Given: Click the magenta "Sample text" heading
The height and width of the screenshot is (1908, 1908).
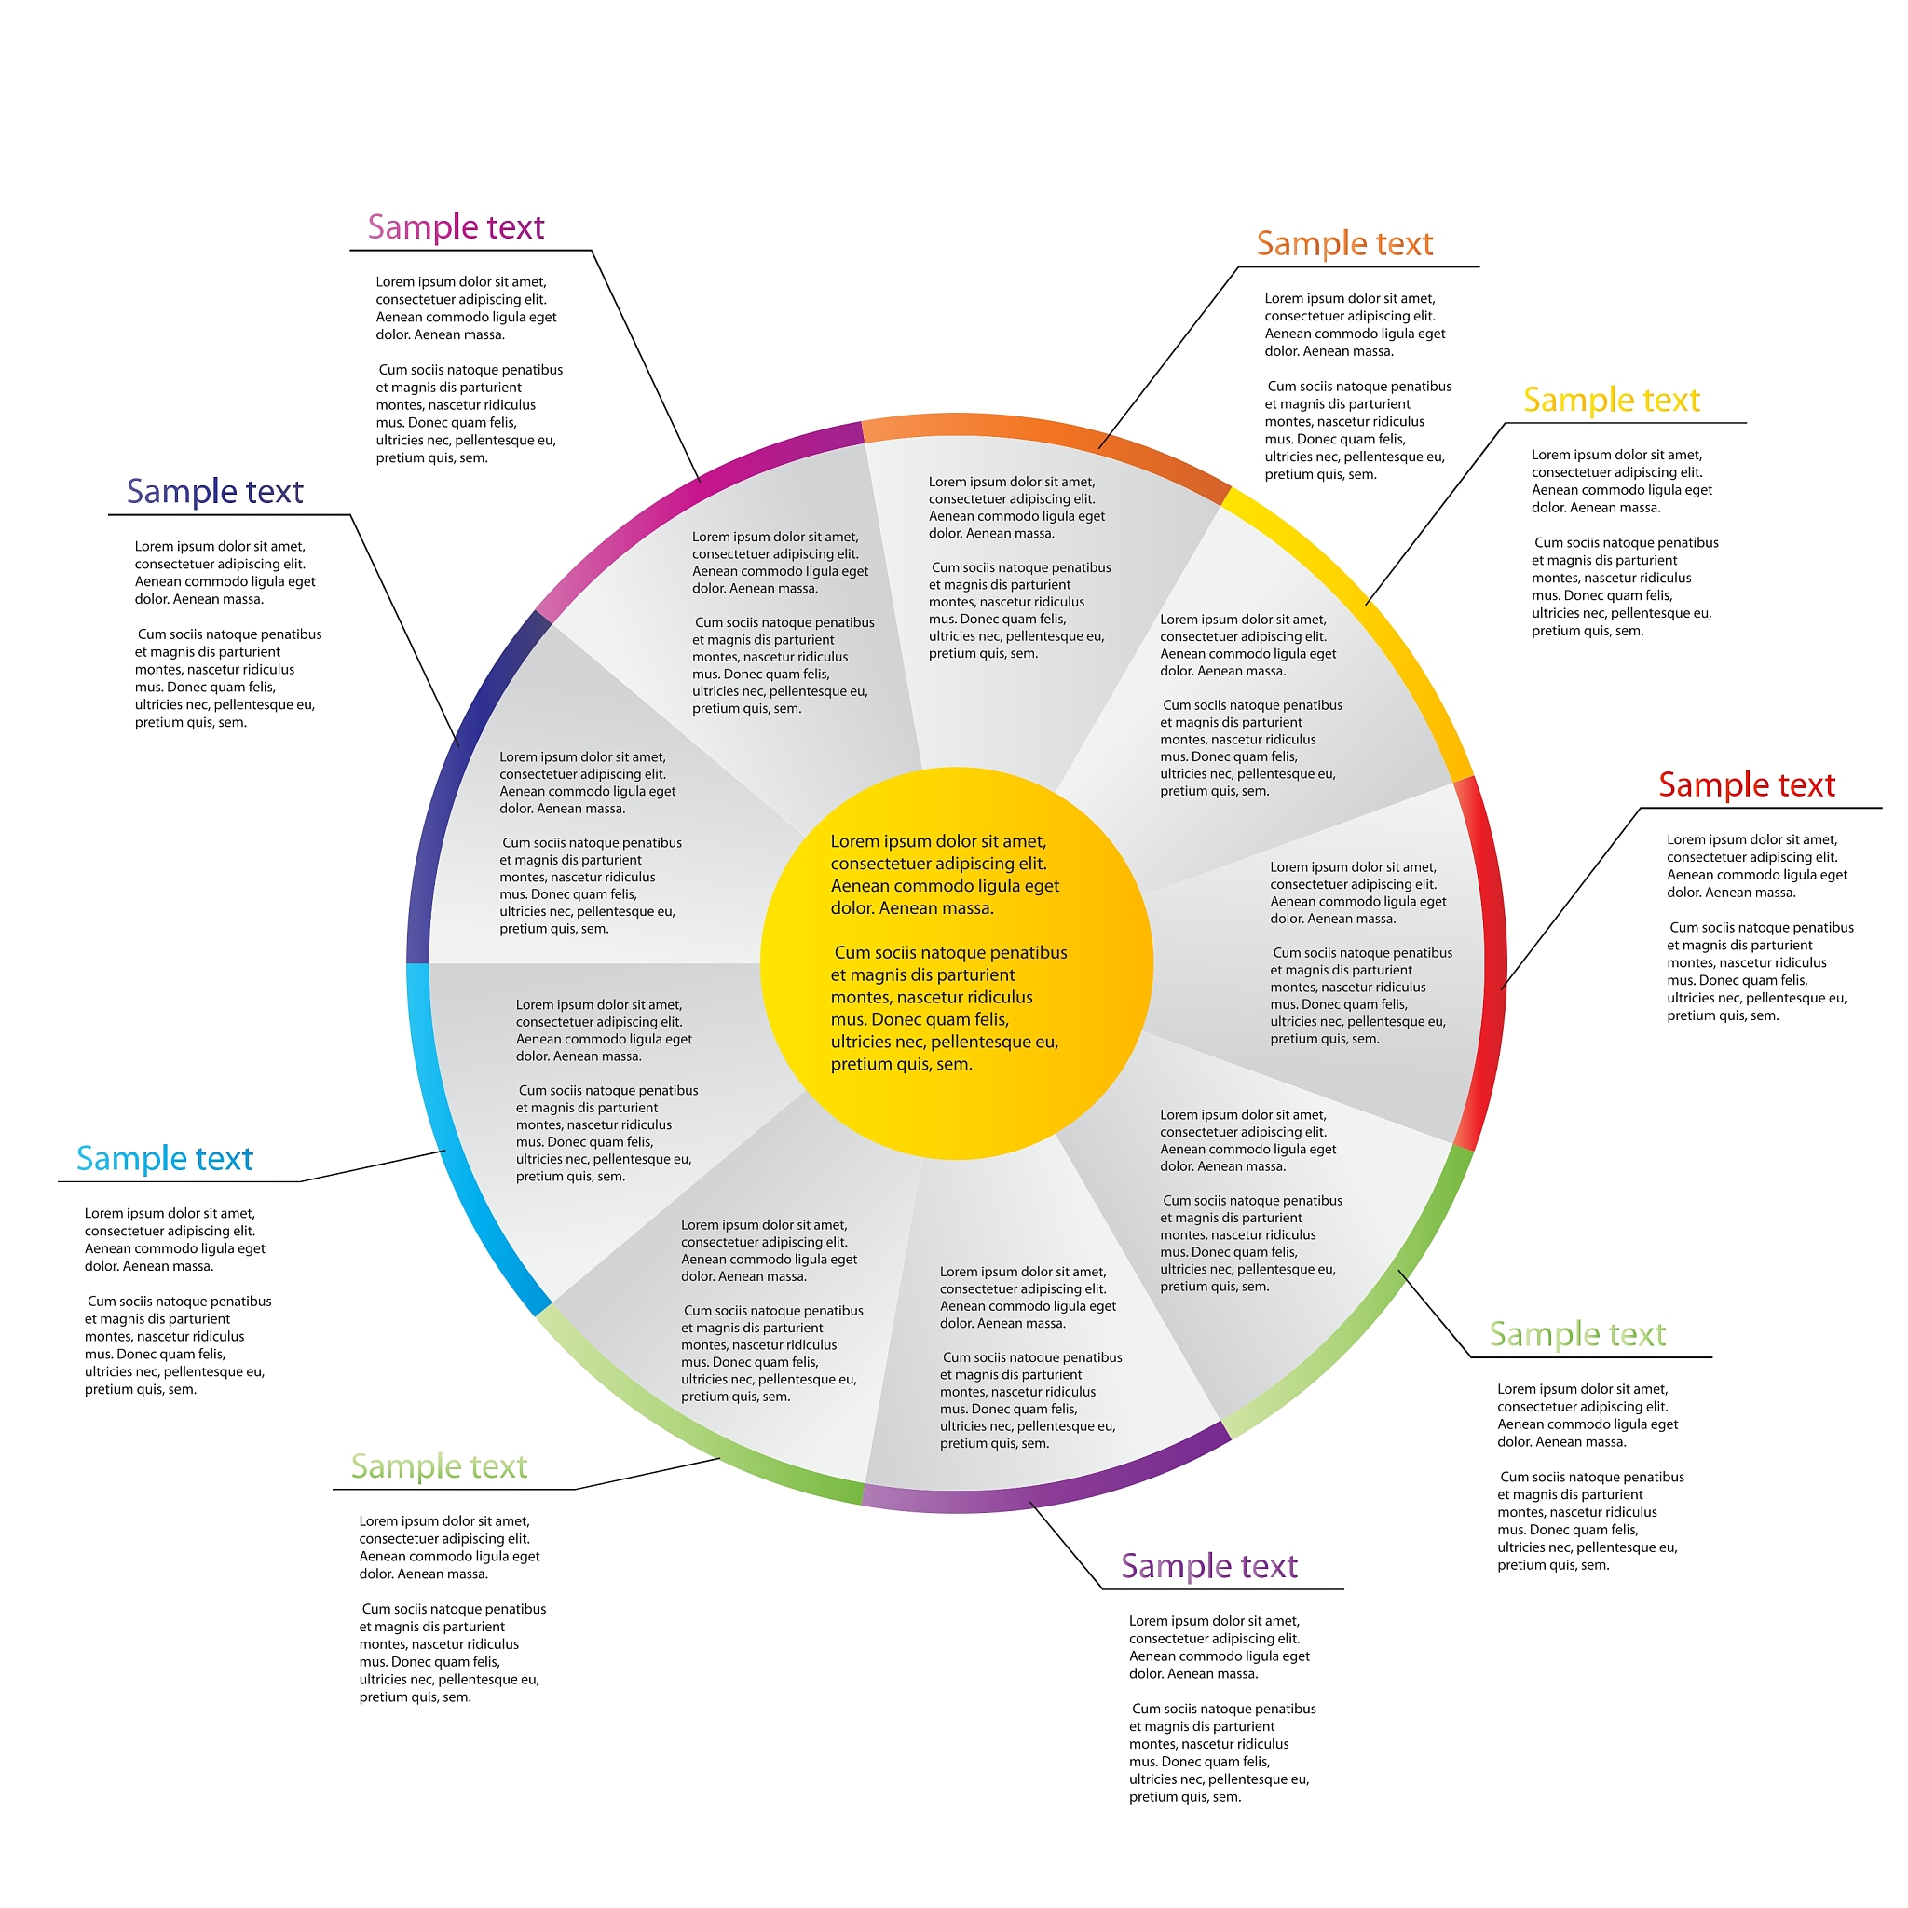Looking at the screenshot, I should tap(456, 227).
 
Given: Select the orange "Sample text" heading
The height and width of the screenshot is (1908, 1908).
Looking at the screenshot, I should tap(1344, 244).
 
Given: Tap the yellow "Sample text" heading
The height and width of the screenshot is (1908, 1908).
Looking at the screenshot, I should tap(1611, 400).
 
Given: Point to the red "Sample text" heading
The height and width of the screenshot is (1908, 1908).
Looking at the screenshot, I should tap(1746, 785).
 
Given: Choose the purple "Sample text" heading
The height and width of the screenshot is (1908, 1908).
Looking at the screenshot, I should tap(1208, 1566).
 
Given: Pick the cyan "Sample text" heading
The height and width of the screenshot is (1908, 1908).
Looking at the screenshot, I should tap(165, 1158).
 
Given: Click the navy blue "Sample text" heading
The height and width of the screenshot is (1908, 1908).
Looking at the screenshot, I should tap(214, 492).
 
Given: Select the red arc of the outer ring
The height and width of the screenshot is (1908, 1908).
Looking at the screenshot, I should tap(1492, 963).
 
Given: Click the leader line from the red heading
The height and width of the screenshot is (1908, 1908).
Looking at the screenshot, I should tap(1570, 899).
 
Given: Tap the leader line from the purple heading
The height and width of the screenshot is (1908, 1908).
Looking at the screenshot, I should tap(1067, 1547).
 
